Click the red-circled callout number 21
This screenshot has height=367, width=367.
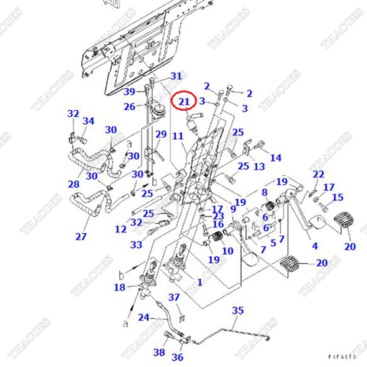183,101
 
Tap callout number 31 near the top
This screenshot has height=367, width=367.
177,76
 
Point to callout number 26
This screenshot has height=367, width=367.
130,106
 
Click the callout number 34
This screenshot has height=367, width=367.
89,121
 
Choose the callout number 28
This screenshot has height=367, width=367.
73,184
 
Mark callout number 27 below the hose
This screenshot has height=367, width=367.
80,236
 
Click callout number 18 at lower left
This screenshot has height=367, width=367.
119,287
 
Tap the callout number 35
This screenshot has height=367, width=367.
238,310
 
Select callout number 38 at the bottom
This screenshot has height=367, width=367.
158,352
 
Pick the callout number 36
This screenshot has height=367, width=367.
177,357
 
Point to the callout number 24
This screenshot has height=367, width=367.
143,317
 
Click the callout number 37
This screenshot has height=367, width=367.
174,297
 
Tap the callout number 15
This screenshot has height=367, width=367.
337,197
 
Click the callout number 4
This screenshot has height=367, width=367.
315,246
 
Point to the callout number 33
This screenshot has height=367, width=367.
136,245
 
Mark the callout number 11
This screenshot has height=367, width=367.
178,136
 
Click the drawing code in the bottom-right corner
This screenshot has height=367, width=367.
343,356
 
